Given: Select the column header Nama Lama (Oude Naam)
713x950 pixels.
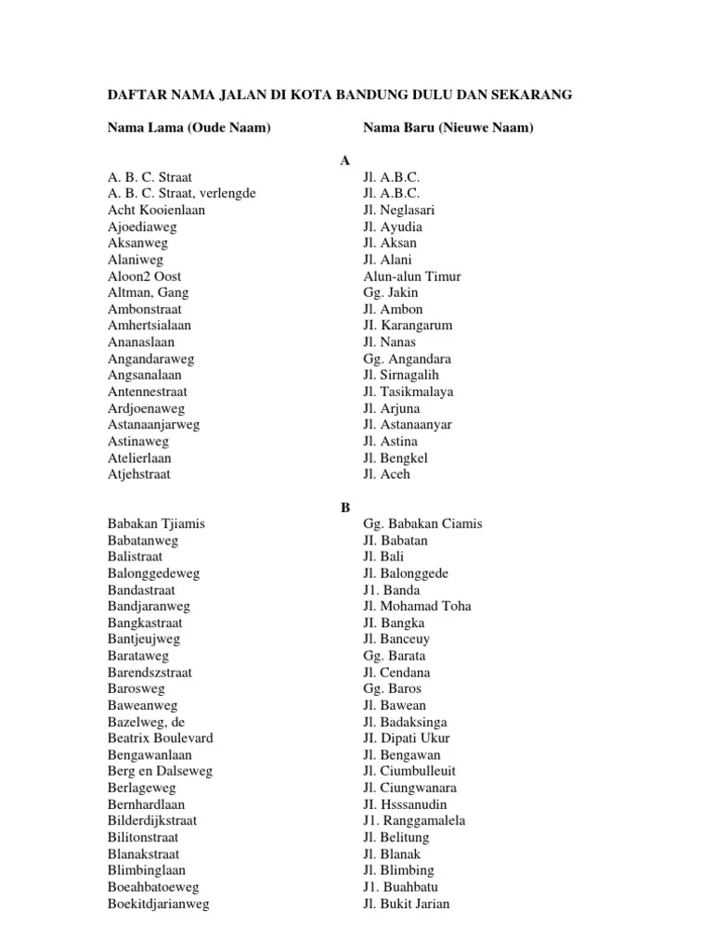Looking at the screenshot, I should pyautogui.click(x=188, y=127).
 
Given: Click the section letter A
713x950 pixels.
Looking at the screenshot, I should pyautogui.click(x=344, y=160).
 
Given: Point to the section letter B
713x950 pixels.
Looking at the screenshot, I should pyautogui.click(x=344, y=507).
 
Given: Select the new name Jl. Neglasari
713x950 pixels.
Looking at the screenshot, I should pyautogui.click(x=399, y=210).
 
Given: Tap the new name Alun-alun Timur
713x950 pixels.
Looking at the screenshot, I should pyautogui.click(x=412, y=276).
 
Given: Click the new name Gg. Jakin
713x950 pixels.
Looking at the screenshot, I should pyautogui.click(x=388, y=292).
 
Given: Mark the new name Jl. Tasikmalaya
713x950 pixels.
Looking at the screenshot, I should pyautogui.click(x=408, y=392).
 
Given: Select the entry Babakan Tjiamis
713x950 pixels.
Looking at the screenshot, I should pyautogui.click(x=156, y=524).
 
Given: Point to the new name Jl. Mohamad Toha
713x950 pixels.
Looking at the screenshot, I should pyautogui.click(x=417, y=607).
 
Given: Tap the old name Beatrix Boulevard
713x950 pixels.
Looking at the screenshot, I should pyautogui.click(x=161, y=738).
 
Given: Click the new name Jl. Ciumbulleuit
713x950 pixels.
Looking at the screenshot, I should pyautogui.click(x=409, y=771).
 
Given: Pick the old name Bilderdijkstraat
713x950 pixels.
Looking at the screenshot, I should pyautogui.click(x=152, y=821).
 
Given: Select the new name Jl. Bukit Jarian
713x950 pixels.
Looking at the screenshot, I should pyautogui.click(x=407, y=904).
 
